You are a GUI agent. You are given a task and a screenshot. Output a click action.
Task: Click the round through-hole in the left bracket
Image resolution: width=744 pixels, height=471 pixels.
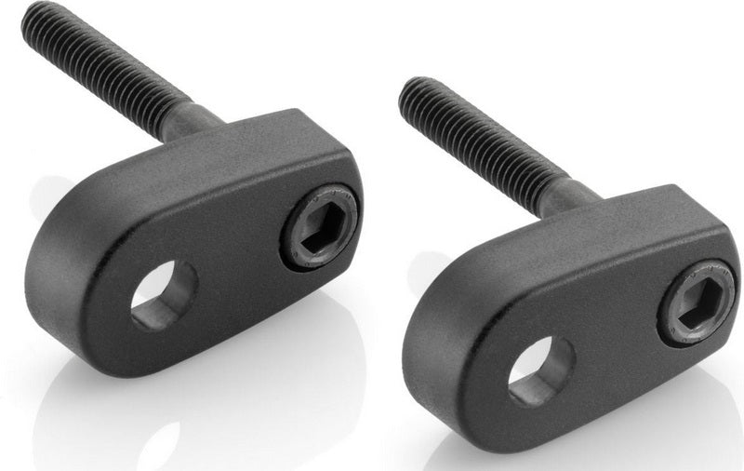[164, 295]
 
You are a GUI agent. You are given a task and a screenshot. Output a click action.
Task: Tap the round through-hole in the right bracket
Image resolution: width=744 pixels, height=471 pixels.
[540, 370]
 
